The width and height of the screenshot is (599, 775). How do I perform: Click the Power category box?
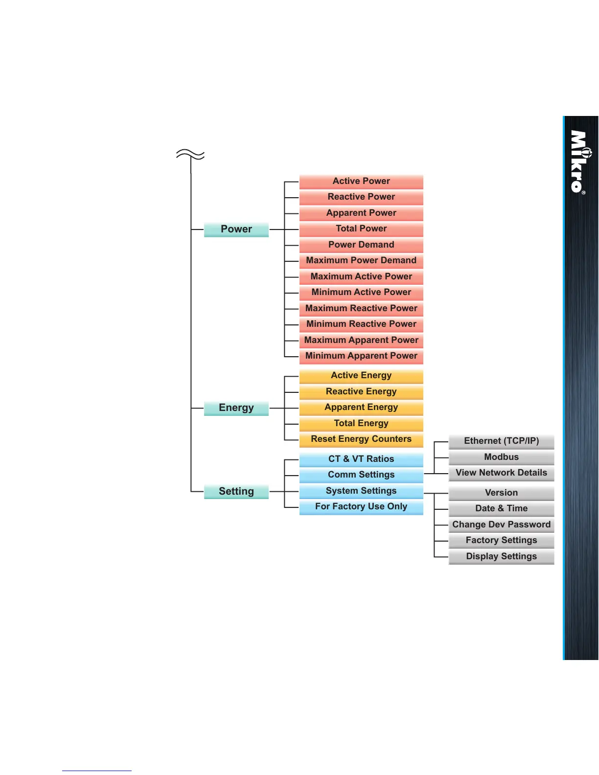point(236,229)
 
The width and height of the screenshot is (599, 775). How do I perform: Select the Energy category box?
point(236,408)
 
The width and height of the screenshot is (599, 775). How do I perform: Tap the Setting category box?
point(236,491)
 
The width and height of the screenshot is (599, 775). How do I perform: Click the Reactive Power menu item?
point(361,197)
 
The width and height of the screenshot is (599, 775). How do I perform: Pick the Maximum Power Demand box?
point(361,260)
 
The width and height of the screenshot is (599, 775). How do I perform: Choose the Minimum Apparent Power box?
point(361,356)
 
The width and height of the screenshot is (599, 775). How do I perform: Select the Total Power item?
point(361,228)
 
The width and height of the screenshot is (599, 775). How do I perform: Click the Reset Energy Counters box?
point(361,439)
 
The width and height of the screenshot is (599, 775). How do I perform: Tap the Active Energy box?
point(361,375)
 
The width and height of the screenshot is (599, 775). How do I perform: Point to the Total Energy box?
point(361,423)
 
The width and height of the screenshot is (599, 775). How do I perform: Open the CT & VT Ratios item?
point(361,459)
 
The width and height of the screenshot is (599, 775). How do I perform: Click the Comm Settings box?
point(361,475)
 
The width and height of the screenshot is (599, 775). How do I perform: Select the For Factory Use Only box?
point(361,506)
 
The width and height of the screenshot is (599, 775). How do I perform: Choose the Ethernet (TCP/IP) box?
point(501,441)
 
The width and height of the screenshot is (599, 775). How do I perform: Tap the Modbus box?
point(501,457)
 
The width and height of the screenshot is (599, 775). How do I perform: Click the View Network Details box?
point(501,473)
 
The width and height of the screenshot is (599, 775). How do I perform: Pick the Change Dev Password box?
point(501,524)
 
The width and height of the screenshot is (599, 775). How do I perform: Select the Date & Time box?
point(501,508)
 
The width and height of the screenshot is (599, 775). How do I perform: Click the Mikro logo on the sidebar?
point(579,161)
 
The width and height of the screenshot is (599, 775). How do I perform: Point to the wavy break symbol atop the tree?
point(190,155)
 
